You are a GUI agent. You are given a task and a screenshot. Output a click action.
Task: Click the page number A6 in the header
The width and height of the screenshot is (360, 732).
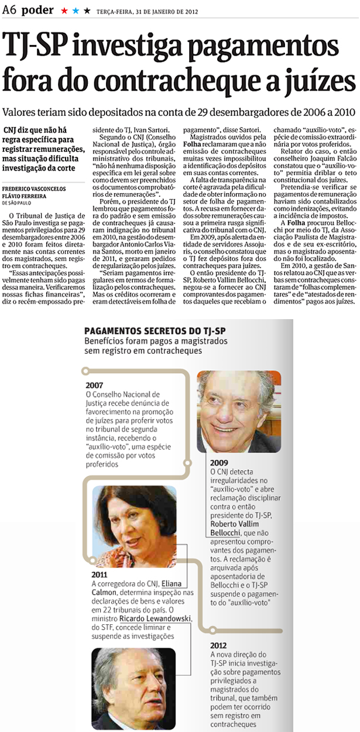(10, 11)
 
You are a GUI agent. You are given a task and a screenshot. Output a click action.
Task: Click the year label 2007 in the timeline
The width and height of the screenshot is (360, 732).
(94, 386)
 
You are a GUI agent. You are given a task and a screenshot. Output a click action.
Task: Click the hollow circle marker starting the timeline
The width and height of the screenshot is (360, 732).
(85, 371)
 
